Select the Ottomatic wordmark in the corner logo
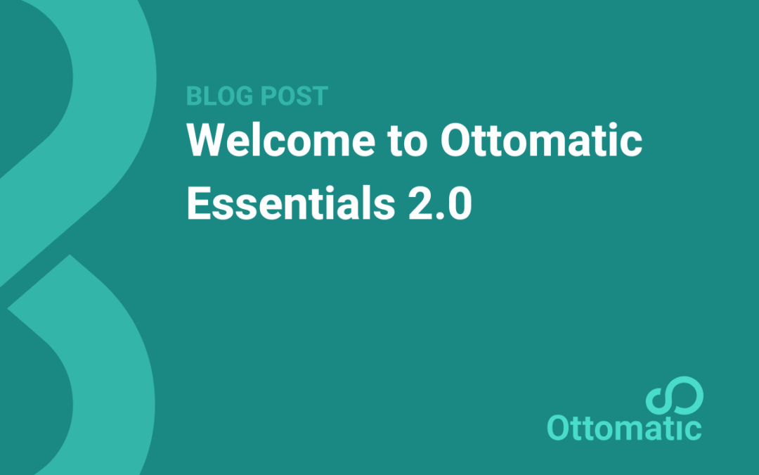click(x=624, y=428)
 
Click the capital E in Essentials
click(x=197, y=205)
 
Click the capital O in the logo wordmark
click(x=559, y=428)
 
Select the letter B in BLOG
click(x=195, y=96)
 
